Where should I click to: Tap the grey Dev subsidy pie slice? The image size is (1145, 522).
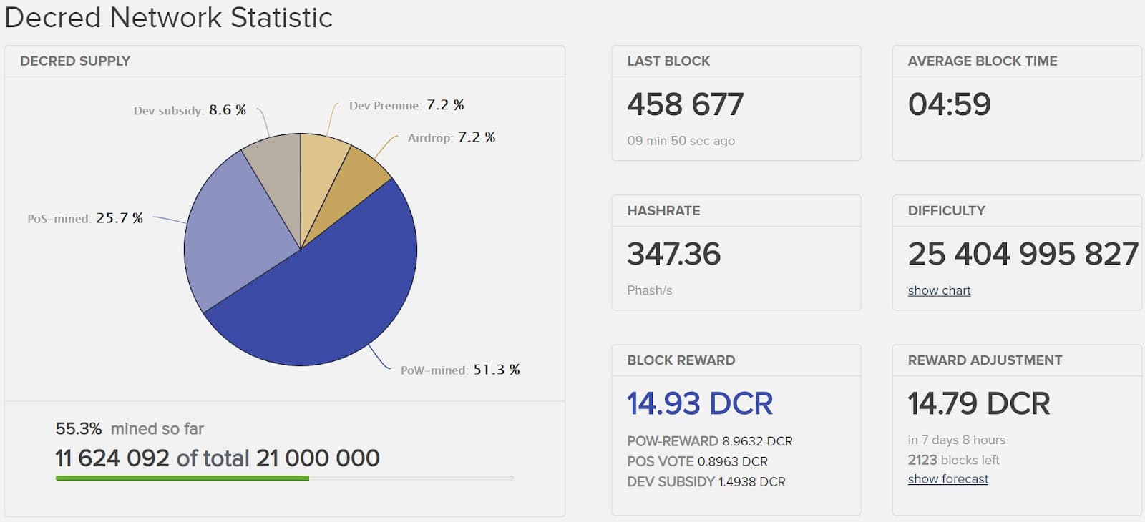[276, 179]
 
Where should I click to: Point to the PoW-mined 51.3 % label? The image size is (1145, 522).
[460, 370]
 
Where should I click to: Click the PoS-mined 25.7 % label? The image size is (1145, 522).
[85, 218]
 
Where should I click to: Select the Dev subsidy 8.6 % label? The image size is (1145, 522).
[190, 110]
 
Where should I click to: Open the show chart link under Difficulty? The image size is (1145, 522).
[939, 290]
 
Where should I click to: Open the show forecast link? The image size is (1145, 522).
[947, 479]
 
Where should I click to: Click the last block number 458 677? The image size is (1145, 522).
[685, 104]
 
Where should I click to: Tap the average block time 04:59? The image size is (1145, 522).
[949, 104]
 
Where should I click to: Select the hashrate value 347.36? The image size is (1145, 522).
[673, 254]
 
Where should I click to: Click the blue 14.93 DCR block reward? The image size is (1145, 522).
[699, 403]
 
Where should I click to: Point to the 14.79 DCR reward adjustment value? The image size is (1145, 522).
[978, 403]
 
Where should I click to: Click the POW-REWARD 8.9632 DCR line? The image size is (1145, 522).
[709, 441]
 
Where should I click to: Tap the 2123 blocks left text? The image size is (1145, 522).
[953, 460]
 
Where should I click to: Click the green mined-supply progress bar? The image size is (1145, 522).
[182, 478]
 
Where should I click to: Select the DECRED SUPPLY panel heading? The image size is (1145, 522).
[75, 61]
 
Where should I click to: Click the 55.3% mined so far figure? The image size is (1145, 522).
[79, 428]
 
